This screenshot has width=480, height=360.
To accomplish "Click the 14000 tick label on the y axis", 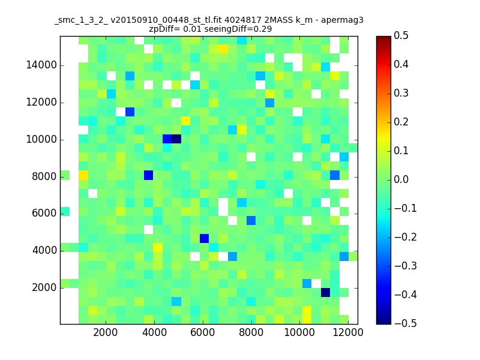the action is pyautogui.click(x=41, y=65).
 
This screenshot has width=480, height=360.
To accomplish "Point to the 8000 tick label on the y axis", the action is pyautogui.click(x=44, y=176).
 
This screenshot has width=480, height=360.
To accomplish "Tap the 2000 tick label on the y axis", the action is pyautogui.click(x=44, y=288).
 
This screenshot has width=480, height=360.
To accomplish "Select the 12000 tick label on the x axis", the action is pyautogui.click(x=348, y=332).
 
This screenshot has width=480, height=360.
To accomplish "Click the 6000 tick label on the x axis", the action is pyautogui.click(x=202, y=332).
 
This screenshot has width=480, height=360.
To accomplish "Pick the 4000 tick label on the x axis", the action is pyautogui.click(x=154, y=332).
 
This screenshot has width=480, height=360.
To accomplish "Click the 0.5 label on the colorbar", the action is pyautogui.click(x=401, y=35).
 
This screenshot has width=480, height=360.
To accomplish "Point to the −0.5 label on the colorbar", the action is pyautogui.click(x=406, y=323).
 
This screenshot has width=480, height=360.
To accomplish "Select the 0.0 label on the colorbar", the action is pyautogui.click(x=401, y=179).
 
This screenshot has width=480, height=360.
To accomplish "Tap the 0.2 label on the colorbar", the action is pyautogui.click(x=401, y=122).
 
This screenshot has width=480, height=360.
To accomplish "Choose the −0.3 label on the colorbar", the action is pyautogui.click(x=406, y=266).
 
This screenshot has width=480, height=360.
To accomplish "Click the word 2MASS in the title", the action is pyautogui.click(x=278, y=20).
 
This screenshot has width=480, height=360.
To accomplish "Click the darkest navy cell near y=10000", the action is pyautogui.click(x=176, y=139).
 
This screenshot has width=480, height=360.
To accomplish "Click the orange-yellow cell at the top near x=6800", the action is pyautogui.click(x=223, y=49).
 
